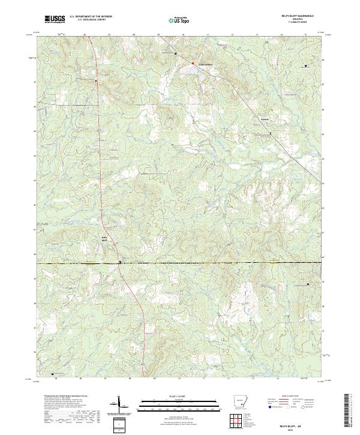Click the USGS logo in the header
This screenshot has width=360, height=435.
(x=55, y=20)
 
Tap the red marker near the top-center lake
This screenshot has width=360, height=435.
(x=193, y=63)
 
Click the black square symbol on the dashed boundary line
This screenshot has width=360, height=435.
(x=120, y=262)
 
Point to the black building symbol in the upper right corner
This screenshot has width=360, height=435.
(x=307, y=65)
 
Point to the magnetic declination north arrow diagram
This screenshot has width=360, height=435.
(x=120, y=405)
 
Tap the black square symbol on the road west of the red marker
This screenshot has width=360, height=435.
(x=175, y=54)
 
